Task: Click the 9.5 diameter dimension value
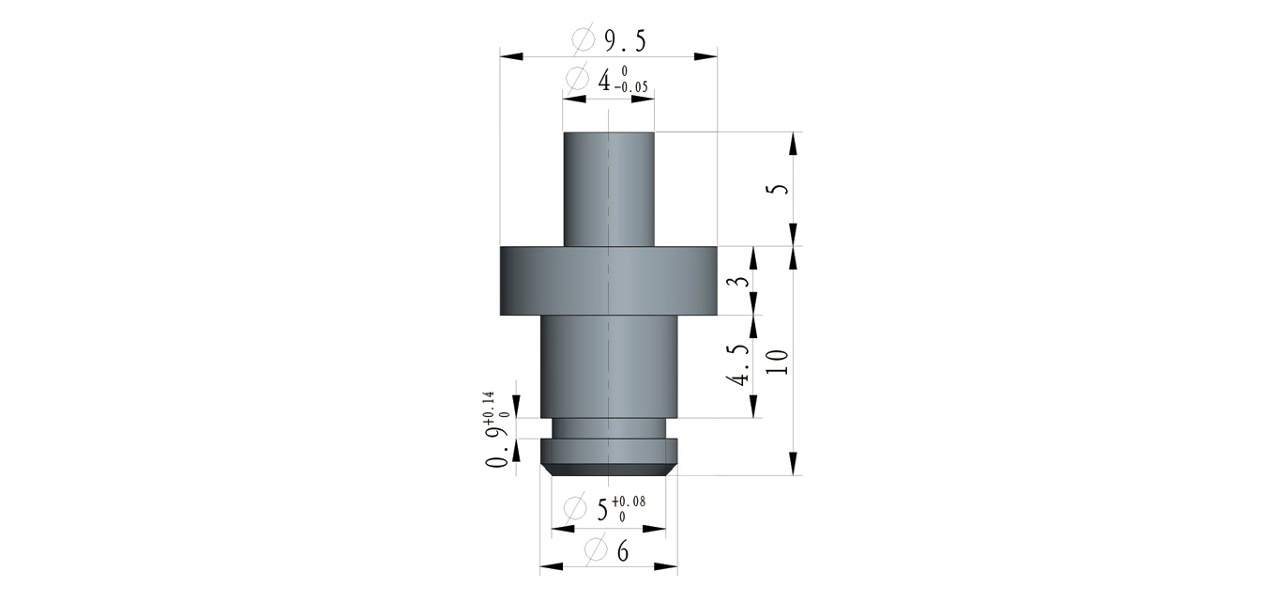pos(625,41)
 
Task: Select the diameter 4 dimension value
pos(604,81)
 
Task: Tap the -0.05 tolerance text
pos(630,87)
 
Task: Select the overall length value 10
pos(778,362)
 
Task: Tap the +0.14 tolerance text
pos(488,408)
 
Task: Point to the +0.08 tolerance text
pos(629,502)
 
